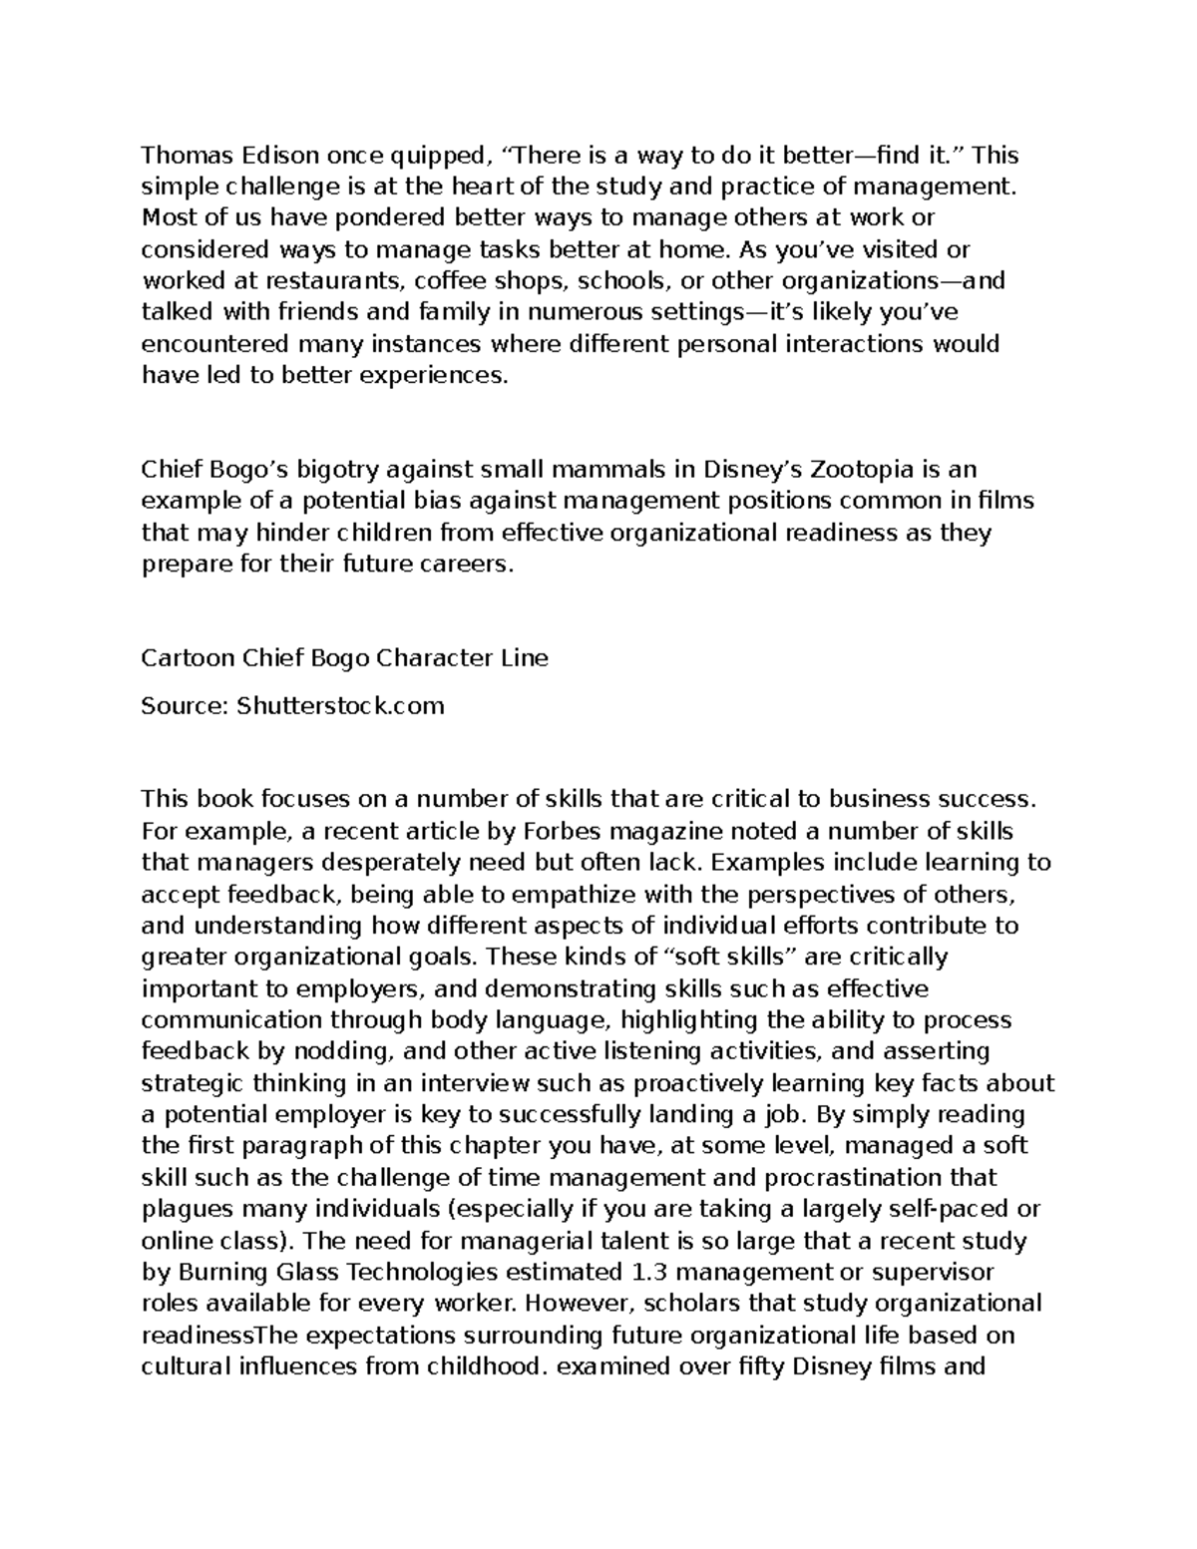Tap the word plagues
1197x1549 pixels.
pos(185,1209)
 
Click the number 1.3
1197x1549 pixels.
pos(651,1272)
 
